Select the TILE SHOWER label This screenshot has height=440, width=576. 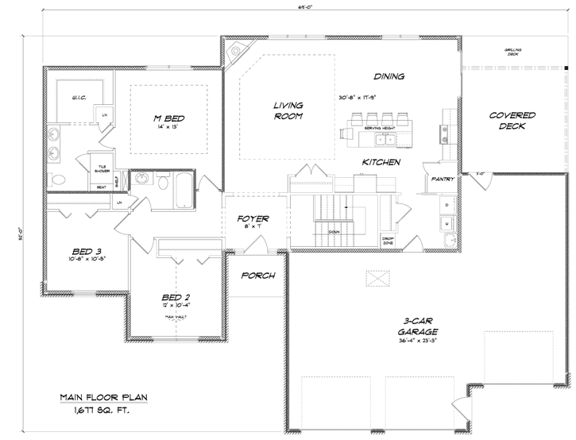101,169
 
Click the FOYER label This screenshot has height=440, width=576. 253,218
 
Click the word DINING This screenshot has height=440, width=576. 389,77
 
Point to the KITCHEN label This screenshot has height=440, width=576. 381,162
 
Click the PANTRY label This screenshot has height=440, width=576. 442,179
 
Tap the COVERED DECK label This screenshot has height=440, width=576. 512,122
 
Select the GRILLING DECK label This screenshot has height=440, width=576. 512,52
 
